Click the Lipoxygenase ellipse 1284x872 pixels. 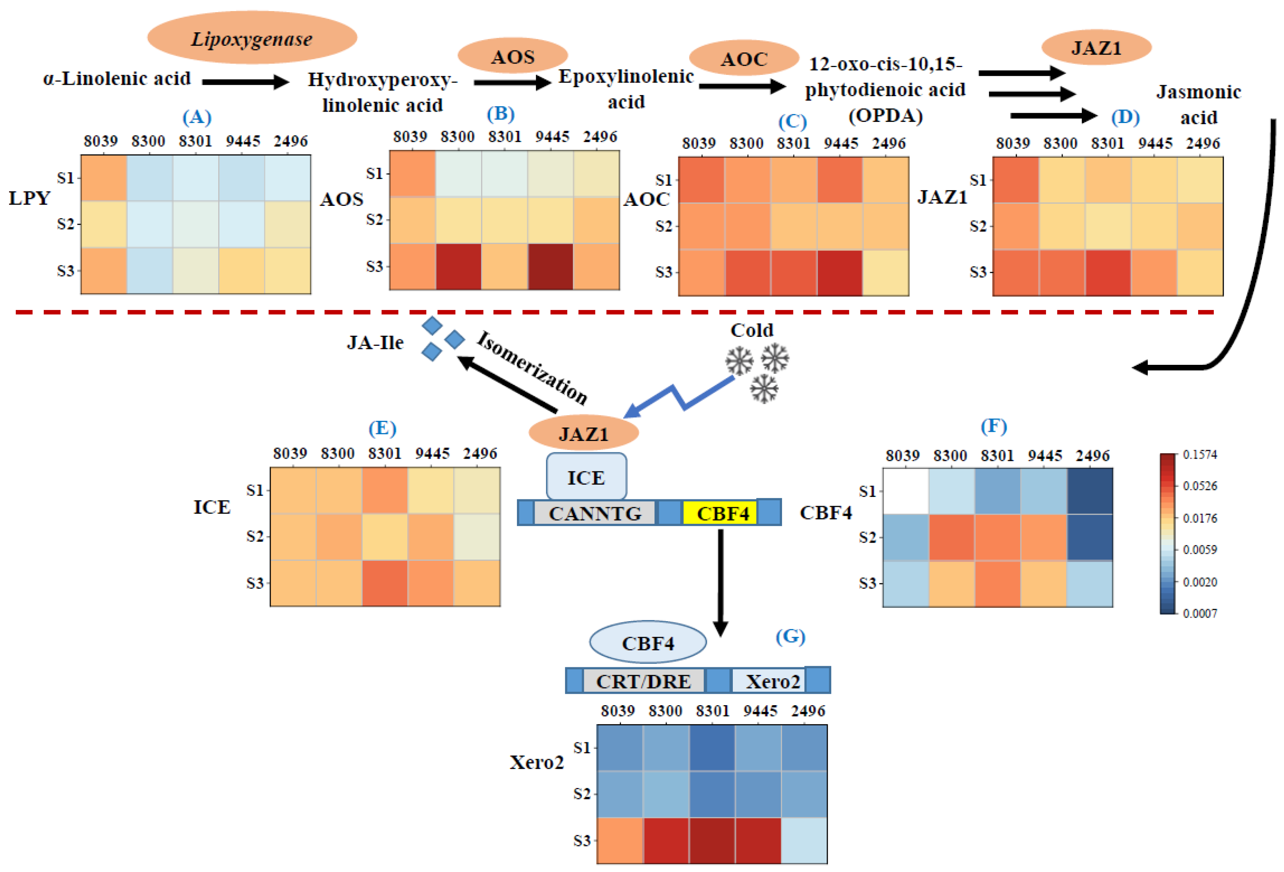pyautogui.click(x=252, y=37)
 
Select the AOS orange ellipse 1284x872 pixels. pyautogui.click(x=513, y=56)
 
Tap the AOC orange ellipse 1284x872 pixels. pyautogui.click(x=744, y=58)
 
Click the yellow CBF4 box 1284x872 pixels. pyautogui.click(x=719, y=513)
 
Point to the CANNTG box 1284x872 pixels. pyautogui.click(x=595, y=513)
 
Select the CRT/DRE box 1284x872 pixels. pyautogui.click(x=643, y=681)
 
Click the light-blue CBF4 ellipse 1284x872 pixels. pyautogui.click(x=648, y=642)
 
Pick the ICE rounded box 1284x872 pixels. pyautogui.click(x=586, y=477)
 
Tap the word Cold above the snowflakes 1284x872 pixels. pyautogui.click(x=751, y=330)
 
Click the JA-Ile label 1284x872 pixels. pyautogui.click(x=375, y=343)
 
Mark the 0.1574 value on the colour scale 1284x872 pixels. pyautogui.click(x=1200, y=454)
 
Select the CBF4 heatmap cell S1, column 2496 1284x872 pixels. pyautogui.click(x=1089, y=491)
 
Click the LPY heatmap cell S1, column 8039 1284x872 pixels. pyautogui.click(x=104, y=177)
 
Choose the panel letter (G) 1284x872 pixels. pyautogui.click(x=790, y=637)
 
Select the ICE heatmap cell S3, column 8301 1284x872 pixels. pyautogui.click(x=385, y=583)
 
